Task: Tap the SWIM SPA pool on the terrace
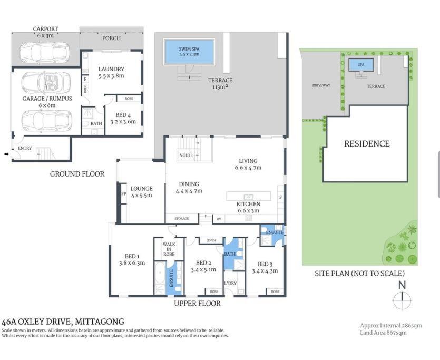tap(189, 52)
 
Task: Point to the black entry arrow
tap(6, 154)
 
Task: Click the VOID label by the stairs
tap(185, 155)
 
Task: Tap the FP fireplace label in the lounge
tap(123, 193)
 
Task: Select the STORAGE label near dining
tap(182, 218)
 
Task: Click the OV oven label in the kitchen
tap(219, 219)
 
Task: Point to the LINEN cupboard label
tap(211, 240)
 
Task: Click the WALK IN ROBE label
tap(169, 249)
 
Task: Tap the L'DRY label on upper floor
tap(230, 283)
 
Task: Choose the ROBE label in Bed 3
tap(275, 291)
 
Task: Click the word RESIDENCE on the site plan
tap(367, 144)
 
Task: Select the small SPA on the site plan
tap(361, 65)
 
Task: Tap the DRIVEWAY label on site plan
tap(321, 85)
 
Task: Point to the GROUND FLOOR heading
tap(77, 174)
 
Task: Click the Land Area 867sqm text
tap(383, 333)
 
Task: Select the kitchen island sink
tap(248, 197)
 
